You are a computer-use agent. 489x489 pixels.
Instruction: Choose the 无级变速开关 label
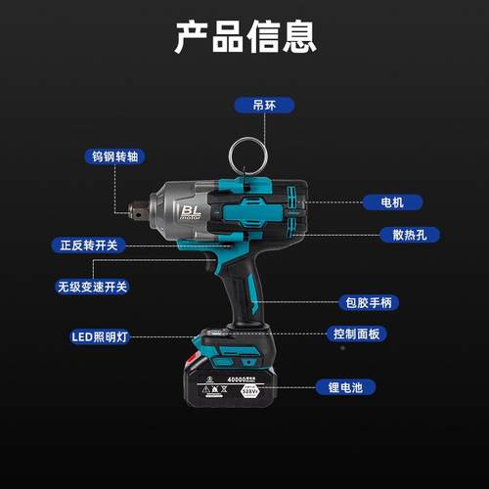pos(93,288)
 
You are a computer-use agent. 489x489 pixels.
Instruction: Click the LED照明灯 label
pos(100,336)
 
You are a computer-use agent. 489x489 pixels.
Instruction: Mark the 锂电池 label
pos(344,387)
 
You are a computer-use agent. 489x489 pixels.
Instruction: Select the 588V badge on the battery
pos(253,391)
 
